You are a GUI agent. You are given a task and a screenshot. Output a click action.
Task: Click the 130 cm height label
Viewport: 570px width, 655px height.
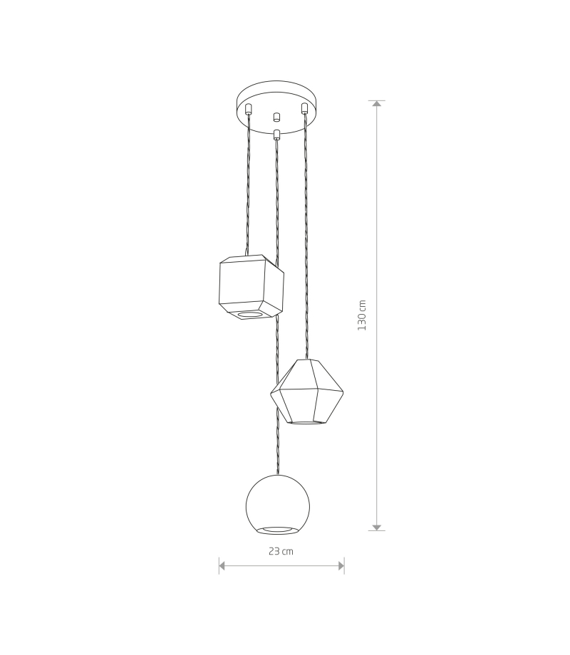point(362,315)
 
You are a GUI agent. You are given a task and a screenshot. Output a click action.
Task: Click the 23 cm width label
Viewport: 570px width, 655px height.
point(281,551)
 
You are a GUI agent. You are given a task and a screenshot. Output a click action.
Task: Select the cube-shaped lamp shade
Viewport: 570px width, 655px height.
point(252,288)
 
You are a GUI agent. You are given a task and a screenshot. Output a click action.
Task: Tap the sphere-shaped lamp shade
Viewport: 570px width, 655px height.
point(278,505)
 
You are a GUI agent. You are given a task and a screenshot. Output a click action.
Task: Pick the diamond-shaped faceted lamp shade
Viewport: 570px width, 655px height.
point(306,392)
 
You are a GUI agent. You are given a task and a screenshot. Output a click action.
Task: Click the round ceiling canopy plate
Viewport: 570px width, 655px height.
point(277,107)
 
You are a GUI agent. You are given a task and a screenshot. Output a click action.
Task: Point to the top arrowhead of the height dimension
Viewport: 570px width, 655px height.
point(377,104)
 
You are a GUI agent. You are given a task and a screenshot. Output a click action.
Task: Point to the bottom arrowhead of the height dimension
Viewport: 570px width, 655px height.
point(377,528)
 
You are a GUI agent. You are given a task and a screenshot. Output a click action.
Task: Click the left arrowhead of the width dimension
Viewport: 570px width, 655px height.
point(222,566)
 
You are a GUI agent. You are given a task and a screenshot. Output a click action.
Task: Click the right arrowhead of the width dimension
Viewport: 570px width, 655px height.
point(341,566)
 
